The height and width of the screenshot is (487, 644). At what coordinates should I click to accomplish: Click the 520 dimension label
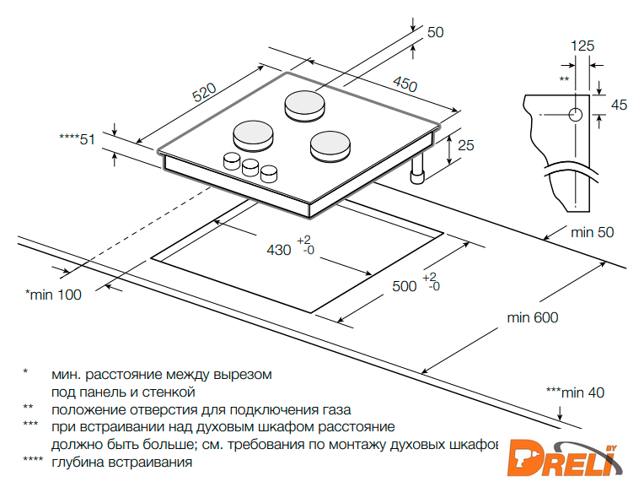(205, 92)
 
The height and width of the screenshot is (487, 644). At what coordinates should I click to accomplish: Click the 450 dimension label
(405, 85)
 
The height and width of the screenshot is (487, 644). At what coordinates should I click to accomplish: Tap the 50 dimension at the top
(435, 33)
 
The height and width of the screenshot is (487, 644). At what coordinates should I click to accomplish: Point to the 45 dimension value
(619, 106)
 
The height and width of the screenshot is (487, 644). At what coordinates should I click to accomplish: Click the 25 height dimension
(465, 145)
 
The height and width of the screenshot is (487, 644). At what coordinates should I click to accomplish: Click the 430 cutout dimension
(279, 249)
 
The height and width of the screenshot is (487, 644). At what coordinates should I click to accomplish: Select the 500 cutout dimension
(405, 286)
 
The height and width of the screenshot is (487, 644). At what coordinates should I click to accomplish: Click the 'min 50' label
(592, 232)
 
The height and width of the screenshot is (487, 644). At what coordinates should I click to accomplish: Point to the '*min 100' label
(52, 295)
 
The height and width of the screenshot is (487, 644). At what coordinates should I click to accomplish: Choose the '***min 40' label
(575, 392)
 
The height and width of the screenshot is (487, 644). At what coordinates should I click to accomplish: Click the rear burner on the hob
(303, 104)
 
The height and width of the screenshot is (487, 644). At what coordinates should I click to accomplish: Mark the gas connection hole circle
(576, 115)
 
